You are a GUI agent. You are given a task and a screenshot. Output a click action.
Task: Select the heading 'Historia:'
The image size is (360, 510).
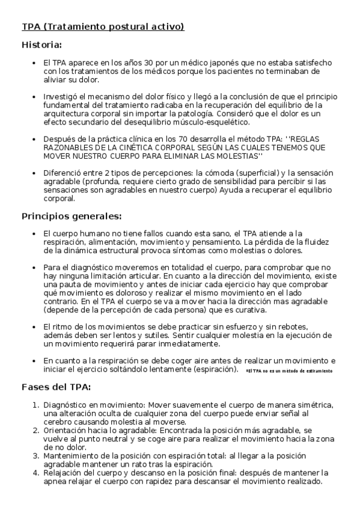(41, 45)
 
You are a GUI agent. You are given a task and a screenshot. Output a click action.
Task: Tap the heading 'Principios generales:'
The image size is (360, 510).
(72, 216)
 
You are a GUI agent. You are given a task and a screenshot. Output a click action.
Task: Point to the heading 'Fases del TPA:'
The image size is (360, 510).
(56, 387)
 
